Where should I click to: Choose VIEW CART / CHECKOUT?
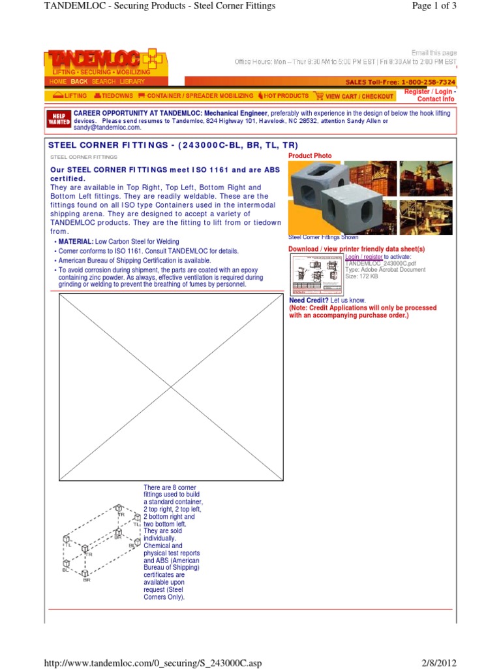point(355,96)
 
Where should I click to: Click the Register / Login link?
point(428,92)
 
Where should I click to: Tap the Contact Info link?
point(436,99)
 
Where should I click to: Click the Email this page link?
point(434,53)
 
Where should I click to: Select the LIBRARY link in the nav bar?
point(132,82)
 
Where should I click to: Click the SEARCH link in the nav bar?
point(103,82)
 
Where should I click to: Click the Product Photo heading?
point(310,156)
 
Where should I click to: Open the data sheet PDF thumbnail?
point(316,274)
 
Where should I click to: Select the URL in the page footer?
point(152,663)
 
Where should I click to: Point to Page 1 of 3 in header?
point(434,6)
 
